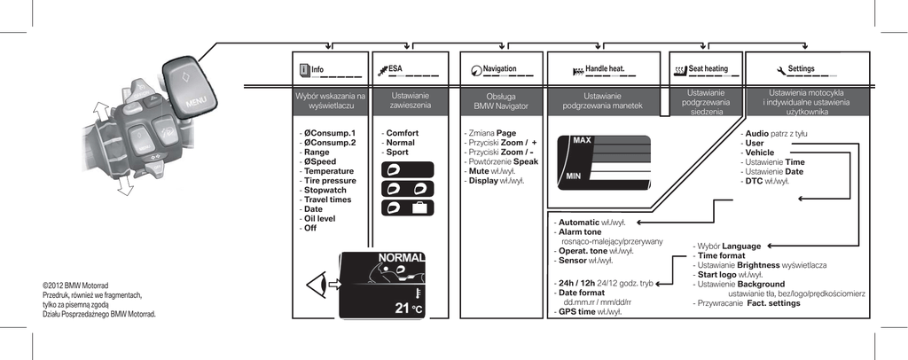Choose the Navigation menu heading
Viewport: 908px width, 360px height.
(500, 68)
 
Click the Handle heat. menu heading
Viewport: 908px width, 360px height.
(605, 68)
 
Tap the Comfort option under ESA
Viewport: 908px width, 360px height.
(402, 133)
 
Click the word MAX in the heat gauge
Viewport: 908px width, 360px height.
(582, 141)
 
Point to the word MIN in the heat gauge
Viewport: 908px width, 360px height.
(574, 176)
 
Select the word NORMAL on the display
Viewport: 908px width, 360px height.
(402, 258)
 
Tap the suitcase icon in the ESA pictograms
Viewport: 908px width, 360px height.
(418, 207)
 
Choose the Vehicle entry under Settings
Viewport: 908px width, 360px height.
(759, 153)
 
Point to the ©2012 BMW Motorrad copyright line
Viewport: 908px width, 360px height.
(75, 286)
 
